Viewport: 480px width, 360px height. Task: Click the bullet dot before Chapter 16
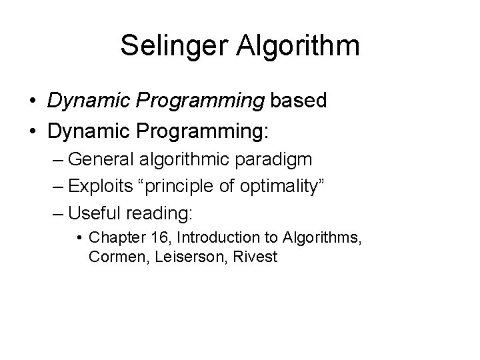pyautogui.click(x=79, y=237)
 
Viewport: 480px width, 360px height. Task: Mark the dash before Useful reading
pyautogui.click(x=57, y=214)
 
